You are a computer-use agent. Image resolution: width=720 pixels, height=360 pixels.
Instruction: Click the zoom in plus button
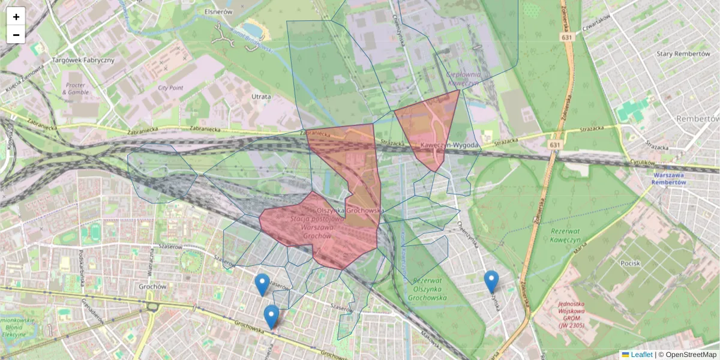(x=16, y=17)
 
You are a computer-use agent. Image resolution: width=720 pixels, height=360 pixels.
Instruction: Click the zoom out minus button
(x=16, y=35)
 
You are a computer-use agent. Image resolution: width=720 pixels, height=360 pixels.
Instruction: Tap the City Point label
(x=170, y=88)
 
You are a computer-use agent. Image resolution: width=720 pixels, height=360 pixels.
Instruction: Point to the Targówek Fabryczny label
(x=83, y=61)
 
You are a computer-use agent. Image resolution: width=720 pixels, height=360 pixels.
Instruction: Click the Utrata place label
(x=261, y=96)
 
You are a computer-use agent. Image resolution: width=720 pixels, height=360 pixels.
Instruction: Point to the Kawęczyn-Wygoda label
(x=449, y=146)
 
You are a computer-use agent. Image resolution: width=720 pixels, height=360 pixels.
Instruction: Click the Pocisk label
(x=631, y=263)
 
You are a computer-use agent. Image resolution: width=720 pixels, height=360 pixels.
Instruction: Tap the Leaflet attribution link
(x=641, y=355)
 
